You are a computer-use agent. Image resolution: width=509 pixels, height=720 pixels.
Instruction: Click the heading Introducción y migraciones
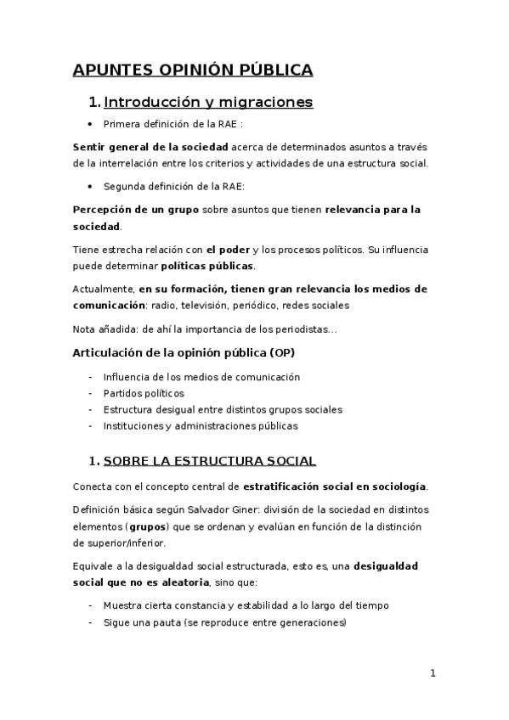(x=207, y=103)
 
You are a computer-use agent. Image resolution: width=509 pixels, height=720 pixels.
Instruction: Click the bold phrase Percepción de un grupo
(x=137, y=208)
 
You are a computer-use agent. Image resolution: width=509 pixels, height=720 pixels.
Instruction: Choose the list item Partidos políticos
(x=143, y=393)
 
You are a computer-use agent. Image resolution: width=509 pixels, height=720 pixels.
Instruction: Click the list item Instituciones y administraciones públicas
(x=201, y=425)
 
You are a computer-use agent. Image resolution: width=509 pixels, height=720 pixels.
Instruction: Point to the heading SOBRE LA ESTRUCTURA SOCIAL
(x=209, y=462)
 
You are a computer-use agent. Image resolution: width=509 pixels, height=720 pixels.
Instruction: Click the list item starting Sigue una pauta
(x=224, y=622)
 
